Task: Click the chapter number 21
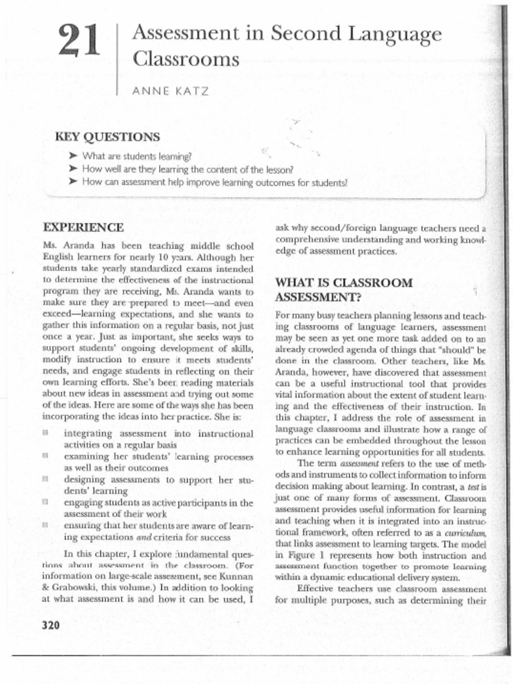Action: (78, 41)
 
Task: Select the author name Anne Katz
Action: (171, 92)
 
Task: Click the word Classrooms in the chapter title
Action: (186, 59)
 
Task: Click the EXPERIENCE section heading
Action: (83, 227)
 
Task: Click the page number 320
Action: (51, 625)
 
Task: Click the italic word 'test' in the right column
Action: (475, 487)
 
